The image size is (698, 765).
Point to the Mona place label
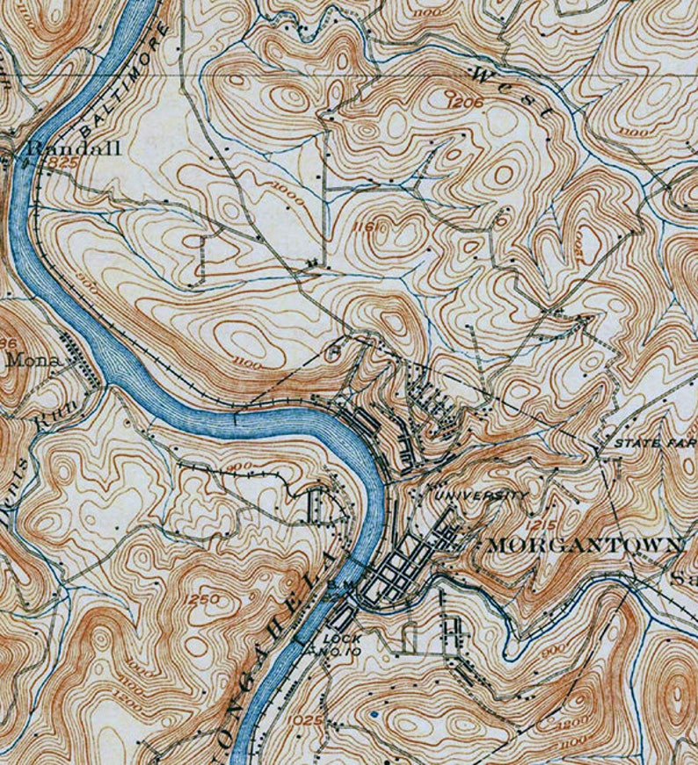pyautogui.click(x=33, y=359)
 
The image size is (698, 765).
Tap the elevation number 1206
pyautogui.click(x=465, y=102)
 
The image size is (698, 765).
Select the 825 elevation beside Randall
pyautogui.click(x=64, y=164)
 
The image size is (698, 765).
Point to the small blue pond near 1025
pyautogui.click(x=375, y=715)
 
